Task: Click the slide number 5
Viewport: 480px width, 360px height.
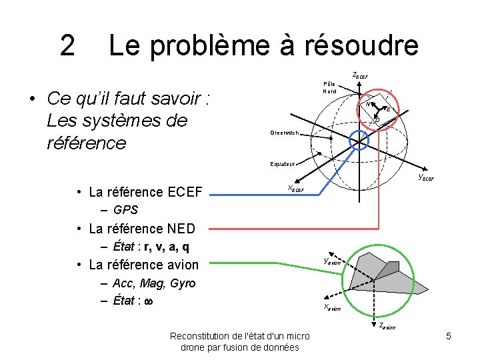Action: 449,337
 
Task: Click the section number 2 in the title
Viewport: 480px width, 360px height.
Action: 67,46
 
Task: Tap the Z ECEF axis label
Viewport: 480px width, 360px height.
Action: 359,75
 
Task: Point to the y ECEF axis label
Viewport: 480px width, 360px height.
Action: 425,177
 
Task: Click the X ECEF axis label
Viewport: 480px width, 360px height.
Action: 295,189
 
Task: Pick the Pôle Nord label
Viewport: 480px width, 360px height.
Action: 329,87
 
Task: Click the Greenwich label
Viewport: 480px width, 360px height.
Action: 287,133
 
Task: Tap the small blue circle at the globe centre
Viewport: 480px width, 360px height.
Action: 359,139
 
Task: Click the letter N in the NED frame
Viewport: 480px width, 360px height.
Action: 366,104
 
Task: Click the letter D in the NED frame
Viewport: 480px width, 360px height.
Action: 377,119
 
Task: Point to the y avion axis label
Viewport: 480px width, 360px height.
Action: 331,261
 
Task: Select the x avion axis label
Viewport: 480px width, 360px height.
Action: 331,307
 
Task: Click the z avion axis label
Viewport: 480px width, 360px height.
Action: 387,326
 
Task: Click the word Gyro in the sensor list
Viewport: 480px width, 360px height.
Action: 183,283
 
